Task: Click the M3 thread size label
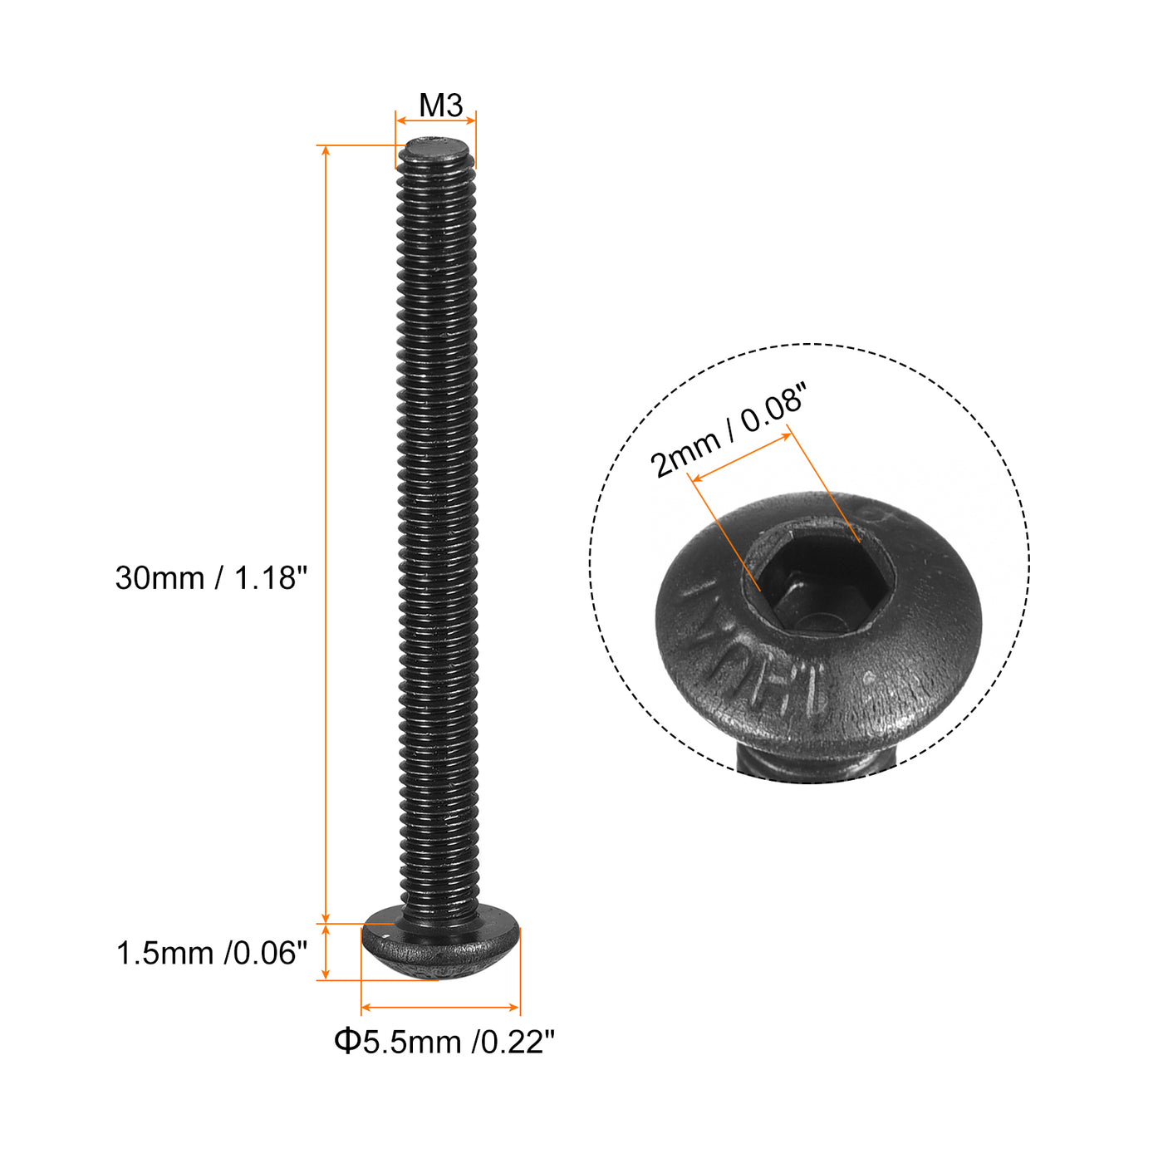(440, 106)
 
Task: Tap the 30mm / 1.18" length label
(211, 577)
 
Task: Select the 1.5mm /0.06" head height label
(211, 953)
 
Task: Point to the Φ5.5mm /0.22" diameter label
(444, 1041)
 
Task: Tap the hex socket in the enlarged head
(818, 586)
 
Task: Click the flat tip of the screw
(435, 152)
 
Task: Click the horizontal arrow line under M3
(435, 121)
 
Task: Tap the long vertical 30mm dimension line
(326, 532)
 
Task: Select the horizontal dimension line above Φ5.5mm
(440, 1007)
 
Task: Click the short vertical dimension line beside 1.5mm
(326, 952)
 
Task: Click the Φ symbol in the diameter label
(346, 1041)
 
